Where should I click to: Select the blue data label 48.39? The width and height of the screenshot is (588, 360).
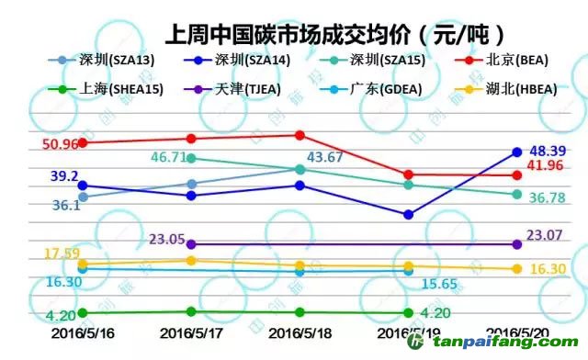[x=549, y=150]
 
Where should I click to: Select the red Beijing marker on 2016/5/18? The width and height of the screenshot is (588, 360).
[x=300, y=135]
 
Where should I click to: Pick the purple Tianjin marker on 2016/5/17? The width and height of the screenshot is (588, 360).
[x=191, y=244]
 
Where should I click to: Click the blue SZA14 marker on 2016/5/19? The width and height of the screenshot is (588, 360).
[x=408, y=215]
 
